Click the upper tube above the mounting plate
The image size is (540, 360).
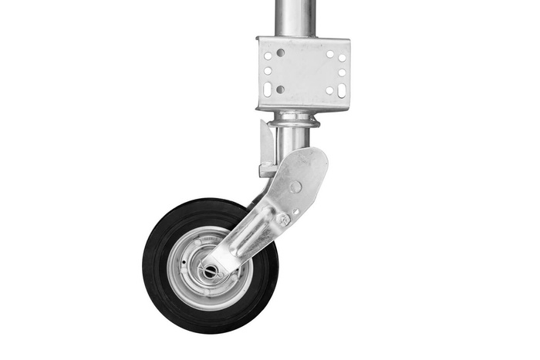click(x=295, y=17)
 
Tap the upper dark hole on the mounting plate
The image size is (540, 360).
click(x=280, y=53)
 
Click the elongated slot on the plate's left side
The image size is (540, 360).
click(x=267, y=89)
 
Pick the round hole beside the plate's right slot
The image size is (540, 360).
click(x=329, y=90)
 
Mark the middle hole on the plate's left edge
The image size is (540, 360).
click(x=267, y=71)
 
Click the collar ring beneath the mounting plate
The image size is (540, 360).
click(x=295, y=120)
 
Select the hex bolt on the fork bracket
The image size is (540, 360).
click(x=283, y=219)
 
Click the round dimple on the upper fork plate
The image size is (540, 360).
click(x=296, y=187)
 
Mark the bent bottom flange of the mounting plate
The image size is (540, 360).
click(x=302, y=106)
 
